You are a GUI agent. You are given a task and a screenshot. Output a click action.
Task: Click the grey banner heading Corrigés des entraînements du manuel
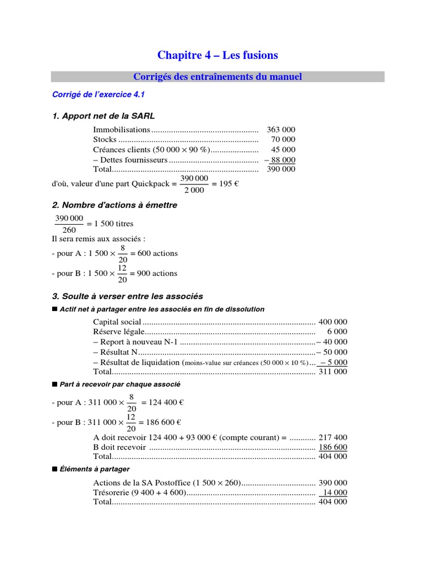[x=217, y=77]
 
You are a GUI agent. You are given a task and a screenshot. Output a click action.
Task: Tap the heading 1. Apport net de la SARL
[x=103, y=116]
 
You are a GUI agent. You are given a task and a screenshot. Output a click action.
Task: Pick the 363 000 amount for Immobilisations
[x=282, y=130]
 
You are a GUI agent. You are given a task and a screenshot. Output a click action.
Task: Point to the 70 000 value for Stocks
[x=283, y=140]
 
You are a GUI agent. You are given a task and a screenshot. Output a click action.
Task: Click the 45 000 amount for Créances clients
[x=283, y=149]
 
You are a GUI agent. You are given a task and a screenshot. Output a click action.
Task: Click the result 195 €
[x=223, y=184]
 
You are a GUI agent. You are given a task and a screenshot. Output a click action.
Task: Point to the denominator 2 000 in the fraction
[x=194, y=191]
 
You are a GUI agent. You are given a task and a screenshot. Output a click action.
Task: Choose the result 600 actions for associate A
[x=153, y=253]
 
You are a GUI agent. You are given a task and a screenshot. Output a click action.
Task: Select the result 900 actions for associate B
[x=153, y=273]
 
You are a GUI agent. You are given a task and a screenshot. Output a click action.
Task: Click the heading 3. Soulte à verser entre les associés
[x=127, y=296]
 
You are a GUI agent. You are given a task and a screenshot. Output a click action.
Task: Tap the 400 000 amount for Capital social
[x=333, y=322]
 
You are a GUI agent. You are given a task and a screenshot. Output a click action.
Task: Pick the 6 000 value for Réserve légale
[x=337, y=331]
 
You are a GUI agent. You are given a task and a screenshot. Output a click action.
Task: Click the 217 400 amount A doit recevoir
[x=333, y=437]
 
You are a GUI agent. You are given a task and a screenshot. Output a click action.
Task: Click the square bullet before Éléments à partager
[x=54, y=469]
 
